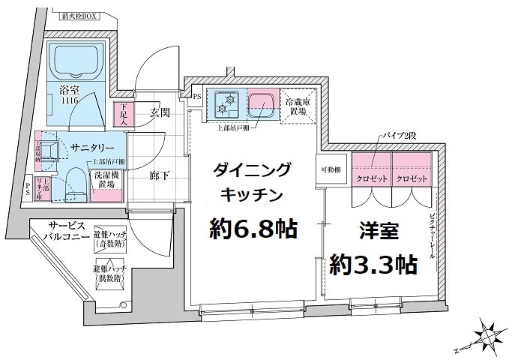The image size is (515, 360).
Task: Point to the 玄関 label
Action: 160,112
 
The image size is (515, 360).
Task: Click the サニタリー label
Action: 93,147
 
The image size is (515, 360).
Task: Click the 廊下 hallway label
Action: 157,175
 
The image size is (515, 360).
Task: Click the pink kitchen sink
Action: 261,103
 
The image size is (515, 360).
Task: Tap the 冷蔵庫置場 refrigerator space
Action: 298,106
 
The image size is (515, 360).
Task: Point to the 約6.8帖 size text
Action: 253,226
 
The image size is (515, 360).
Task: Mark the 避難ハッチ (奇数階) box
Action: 109,240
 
